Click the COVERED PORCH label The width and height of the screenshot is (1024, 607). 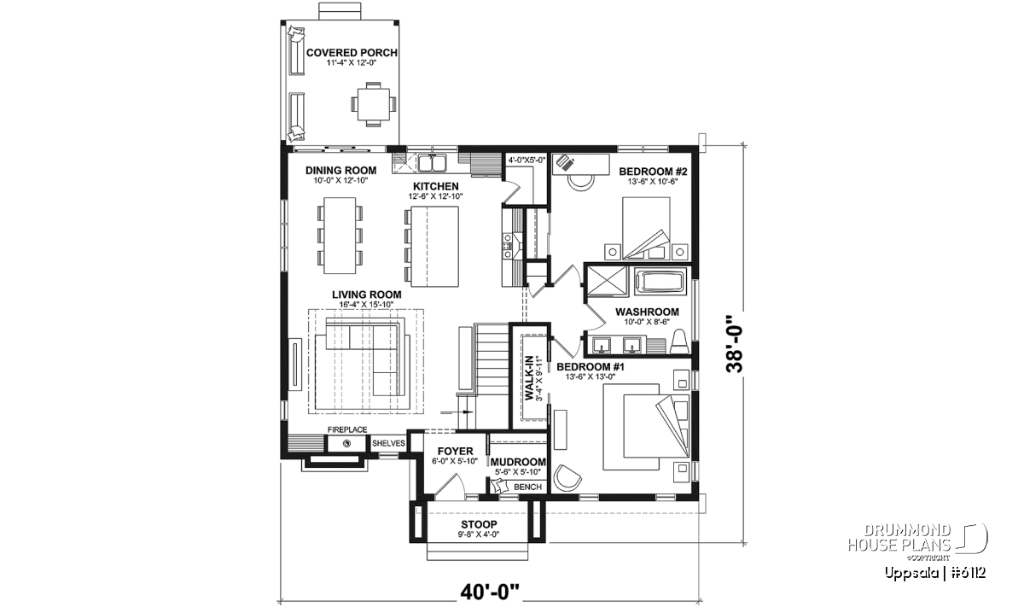(x=352, y=53)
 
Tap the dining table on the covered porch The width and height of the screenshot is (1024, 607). (x=374, y=104)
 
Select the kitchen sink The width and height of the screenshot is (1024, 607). (x=433, y=163)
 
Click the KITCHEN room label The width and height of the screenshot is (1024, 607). (x=436, y=186)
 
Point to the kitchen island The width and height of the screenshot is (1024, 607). (x=434, y=247)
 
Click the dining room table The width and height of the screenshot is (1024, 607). (x=340, y=236)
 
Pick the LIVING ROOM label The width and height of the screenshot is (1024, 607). (x=367, y=295)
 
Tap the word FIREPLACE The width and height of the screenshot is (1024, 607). (x=347, y=429)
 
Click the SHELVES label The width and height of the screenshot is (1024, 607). (x=388, y=443)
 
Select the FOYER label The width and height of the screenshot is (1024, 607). (x=456, y=452)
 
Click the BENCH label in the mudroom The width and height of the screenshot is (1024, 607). (x=527, y=487)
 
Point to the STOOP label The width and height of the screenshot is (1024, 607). (x=479, y=525)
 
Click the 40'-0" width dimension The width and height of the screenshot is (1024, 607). (x=490, y=592)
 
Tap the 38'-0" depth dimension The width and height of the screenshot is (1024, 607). (x=735, y=343)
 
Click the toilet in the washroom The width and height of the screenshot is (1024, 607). (x=680, y=341)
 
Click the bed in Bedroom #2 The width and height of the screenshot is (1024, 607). (x=647, y=229)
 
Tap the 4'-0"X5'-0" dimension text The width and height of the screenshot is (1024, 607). (x=527, y=161)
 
